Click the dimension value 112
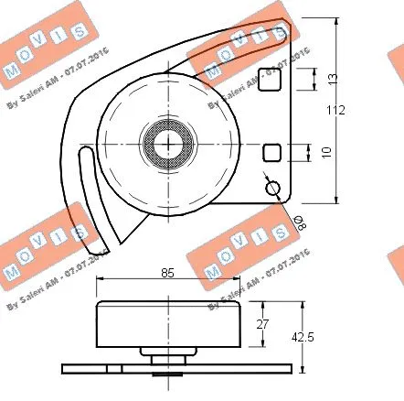pos(336,111)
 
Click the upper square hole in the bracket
pos(268,80)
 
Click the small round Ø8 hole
pos(272,188)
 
